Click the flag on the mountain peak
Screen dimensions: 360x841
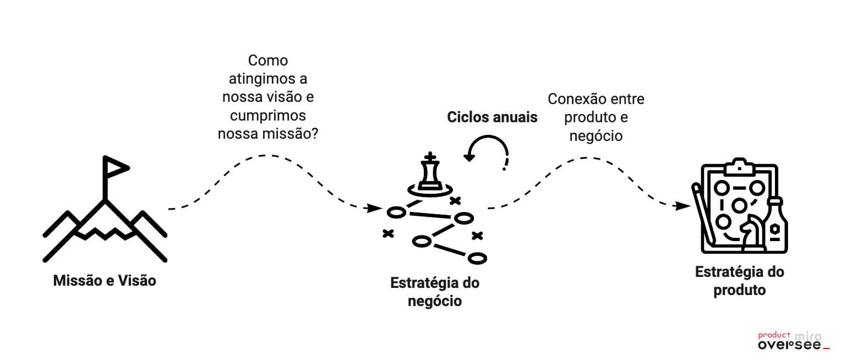tap(116, 166)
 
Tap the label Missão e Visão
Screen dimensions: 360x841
tap(105, 281)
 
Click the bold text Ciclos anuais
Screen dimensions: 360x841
tap(492, 117)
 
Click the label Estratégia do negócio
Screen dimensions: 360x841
tap(435, 292)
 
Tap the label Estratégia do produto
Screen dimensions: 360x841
tap(739, 281)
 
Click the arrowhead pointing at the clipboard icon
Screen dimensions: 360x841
tap(684, 206)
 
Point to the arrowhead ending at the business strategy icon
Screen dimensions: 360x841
tap(375, 209)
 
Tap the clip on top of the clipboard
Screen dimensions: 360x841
tap(738, 165)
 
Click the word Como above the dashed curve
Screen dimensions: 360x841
tap(267, 60)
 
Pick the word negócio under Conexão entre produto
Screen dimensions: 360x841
tap(596, 135)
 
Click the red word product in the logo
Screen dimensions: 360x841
tap(774, 335)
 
